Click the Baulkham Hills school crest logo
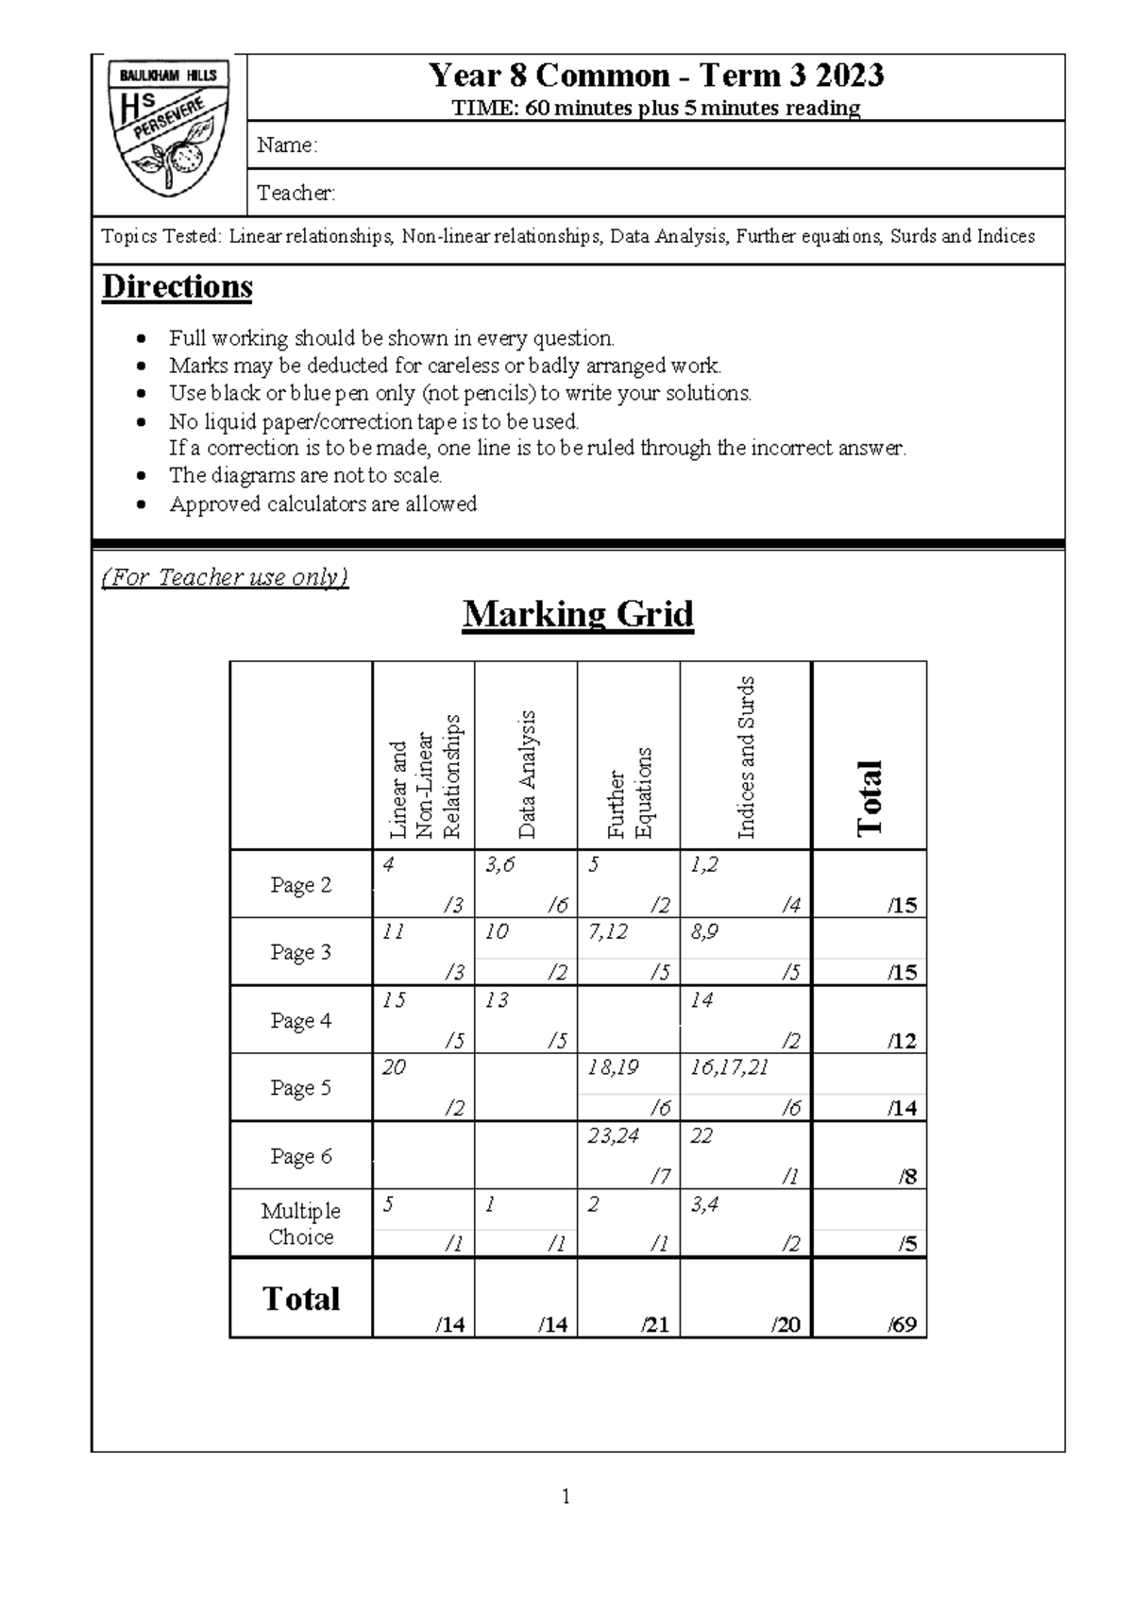169,127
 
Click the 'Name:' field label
287,145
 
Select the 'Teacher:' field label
296,194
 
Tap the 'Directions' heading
177,287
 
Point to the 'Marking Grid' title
578,615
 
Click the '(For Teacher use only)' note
225,577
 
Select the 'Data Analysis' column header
527,775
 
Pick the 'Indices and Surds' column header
746,758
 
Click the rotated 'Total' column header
869,798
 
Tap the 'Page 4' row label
300,1020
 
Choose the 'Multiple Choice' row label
300,1223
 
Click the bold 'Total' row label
300,1299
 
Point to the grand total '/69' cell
903,1324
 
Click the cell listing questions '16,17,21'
729,1068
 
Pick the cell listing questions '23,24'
613,1136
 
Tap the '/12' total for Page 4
902,1041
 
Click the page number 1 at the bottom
566,1496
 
